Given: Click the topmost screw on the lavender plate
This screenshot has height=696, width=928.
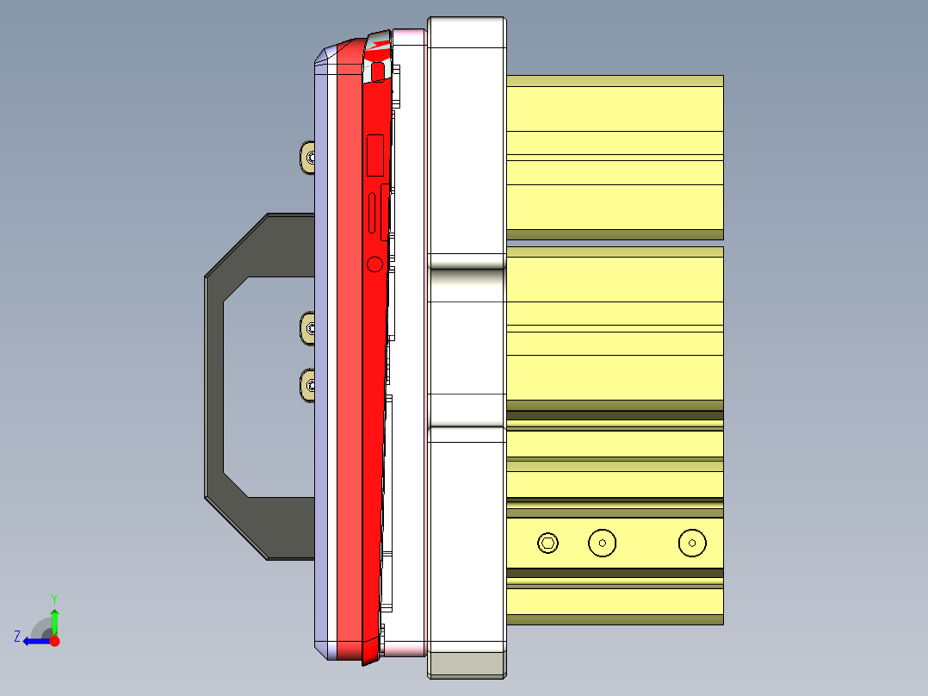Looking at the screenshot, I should (x=309, y=158).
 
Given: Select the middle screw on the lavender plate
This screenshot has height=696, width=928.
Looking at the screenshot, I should (x=309, y=329).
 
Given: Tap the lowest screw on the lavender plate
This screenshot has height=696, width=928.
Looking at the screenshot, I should (x=309, y=384).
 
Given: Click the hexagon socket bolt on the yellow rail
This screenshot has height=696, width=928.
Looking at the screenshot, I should (x=548, y=543).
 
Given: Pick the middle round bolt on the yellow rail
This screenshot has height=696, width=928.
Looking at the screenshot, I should (x=602, y=543).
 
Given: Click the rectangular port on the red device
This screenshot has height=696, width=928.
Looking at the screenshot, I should (x=375, y=156).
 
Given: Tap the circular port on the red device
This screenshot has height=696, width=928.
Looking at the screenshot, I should (x=374, y=264).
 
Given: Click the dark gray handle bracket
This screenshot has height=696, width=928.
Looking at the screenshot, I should (x=215, y=388).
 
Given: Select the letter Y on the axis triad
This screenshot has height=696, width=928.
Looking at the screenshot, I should (x=54, y=598).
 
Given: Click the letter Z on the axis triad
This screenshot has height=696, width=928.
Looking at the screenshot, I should (x=17, y=636).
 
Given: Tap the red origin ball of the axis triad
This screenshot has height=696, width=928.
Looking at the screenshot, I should (x=54, y=641).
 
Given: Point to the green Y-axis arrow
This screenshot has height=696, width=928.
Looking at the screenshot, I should (x=54, y=620).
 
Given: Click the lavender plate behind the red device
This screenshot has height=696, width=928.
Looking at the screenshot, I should (x=321, y=345).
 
